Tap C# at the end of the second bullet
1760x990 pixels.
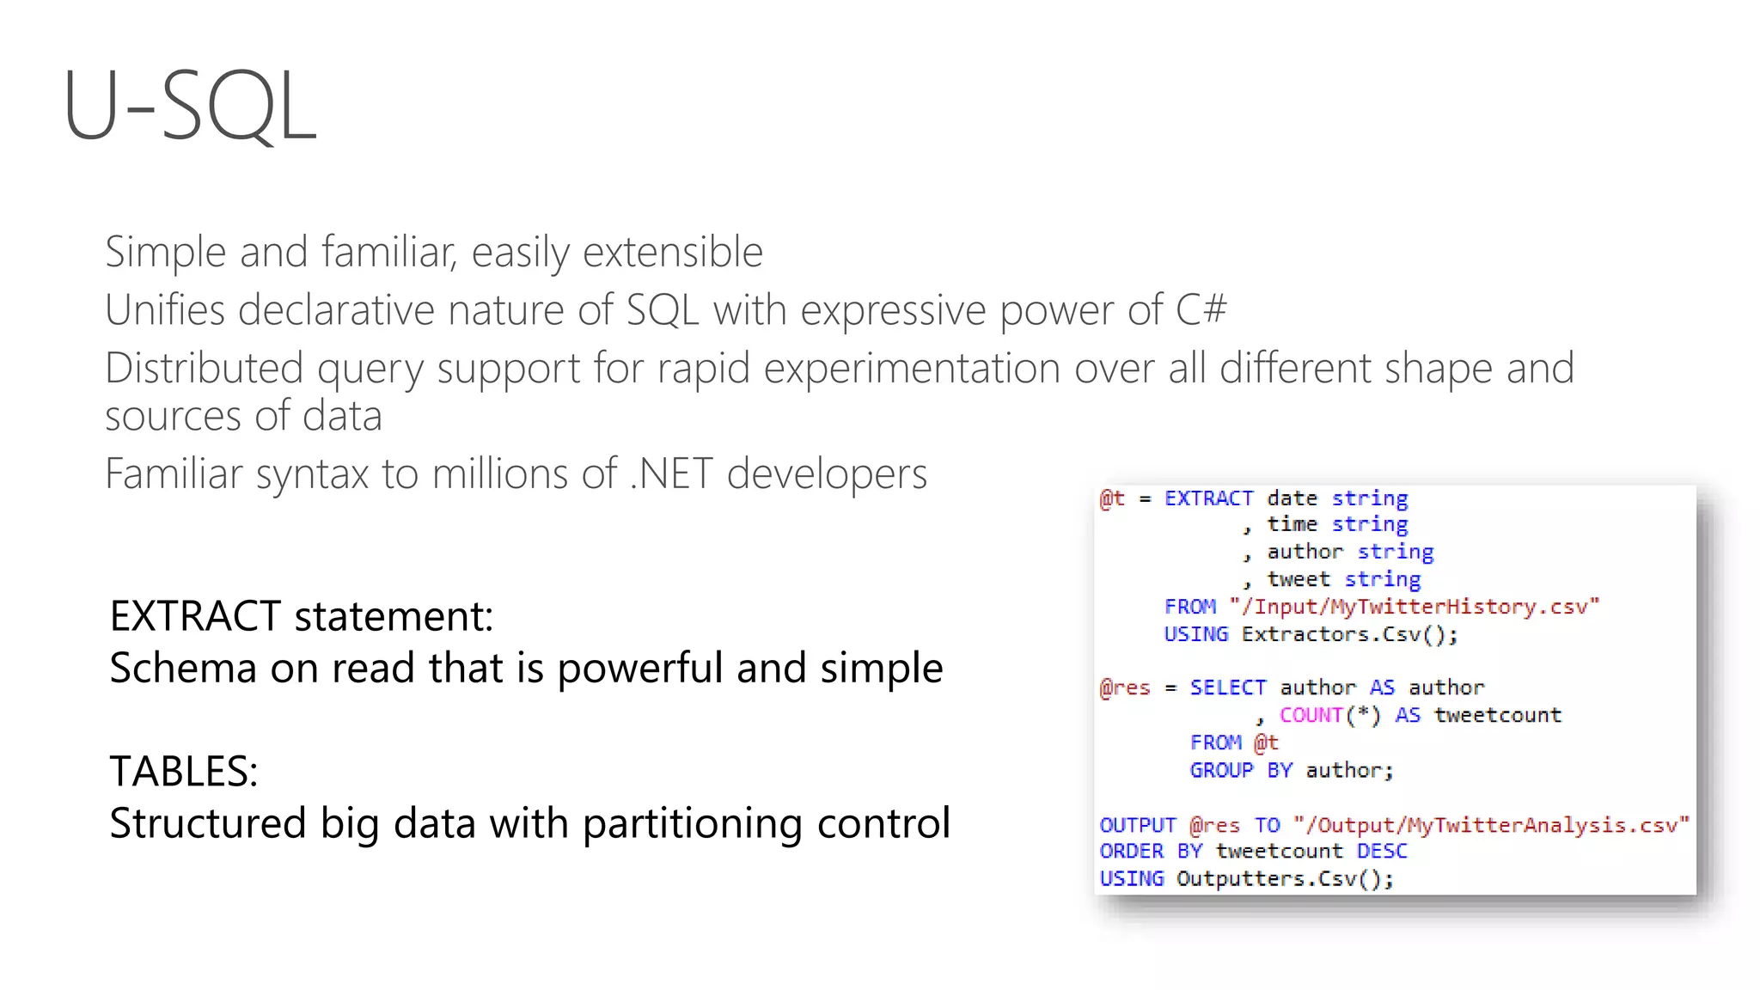1201,310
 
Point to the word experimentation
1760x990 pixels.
912,369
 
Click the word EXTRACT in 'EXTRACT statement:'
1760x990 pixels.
195,616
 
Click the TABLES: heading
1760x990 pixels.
184,771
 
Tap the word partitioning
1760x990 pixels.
693,823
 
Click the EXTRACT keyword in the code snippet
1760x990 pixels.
1208,498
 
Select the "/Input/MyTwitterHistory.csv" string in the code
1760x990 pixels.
1415,607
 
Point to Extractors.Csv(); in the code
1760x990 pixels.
1349,634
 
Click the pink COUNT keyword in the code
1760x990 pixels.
1311,715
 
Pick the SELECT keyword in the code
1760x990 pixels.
1227,687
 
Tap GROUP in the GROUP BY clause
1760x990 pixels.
1221,770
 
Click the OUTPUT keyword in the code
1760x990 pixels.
1137,825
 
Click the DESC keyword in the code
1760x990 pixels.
1382,851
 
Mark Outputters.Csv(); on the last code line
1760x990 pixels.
1285,878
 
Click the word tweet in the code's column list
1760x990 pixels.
1298,579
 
